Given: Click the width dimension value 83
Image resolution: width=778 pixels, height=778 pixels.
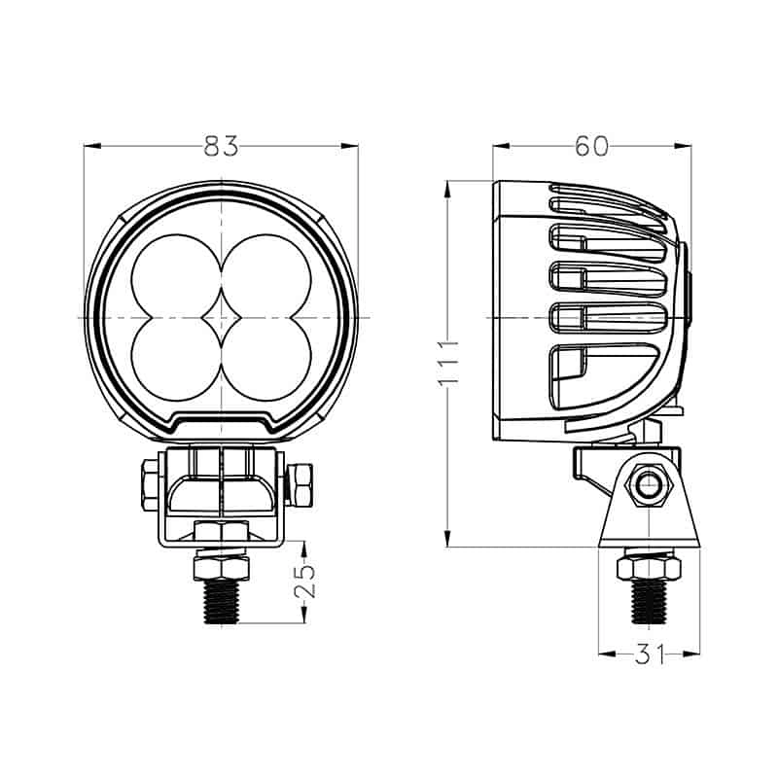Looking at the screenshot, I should (x=221, y=146).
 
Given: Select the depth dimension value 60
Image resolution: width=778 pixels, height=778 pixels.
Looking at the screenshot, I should (x=591, y=146).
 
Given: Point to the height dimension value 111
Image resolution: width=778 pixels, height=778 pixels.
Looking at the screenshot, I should (x=446, y=363).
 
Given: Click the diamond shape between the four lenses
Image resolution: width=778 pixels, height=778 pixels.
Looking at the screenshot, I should (x=222, y=318).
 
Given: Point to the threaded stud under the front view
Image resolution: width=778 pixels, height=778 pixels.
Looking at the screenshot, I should (x=222, y=598).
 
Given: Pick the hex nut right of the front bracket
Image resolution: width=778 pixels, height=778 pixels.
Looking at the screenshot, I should (x=301, y=483).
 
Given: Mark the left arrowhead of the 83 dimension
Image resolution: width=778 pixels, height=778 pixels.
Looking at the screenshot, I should (x=90, y=146).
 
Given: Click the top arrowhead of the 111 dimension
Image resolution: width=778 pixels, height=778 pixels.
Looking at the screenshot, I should (x=446, y=186).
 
